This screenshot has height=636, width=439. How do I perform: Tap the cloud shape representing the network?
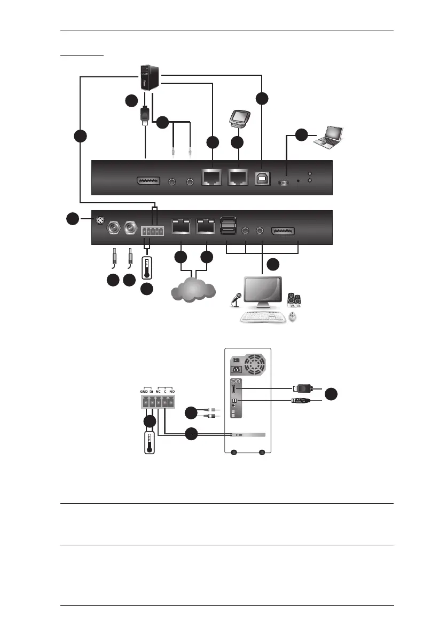point(193,290)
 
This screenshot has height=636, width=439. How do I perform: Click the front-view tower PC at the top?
point(146,77)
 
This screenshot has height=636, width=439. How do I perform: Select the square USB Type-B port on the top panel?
point(262,178)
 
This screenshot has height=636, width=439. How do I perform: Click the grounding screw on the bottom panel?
point(99,220)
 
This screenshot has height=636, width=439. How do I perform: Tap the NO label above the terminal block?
point(173,391)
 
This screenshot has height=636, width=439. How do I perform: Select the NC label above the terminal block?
point(158,391)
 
